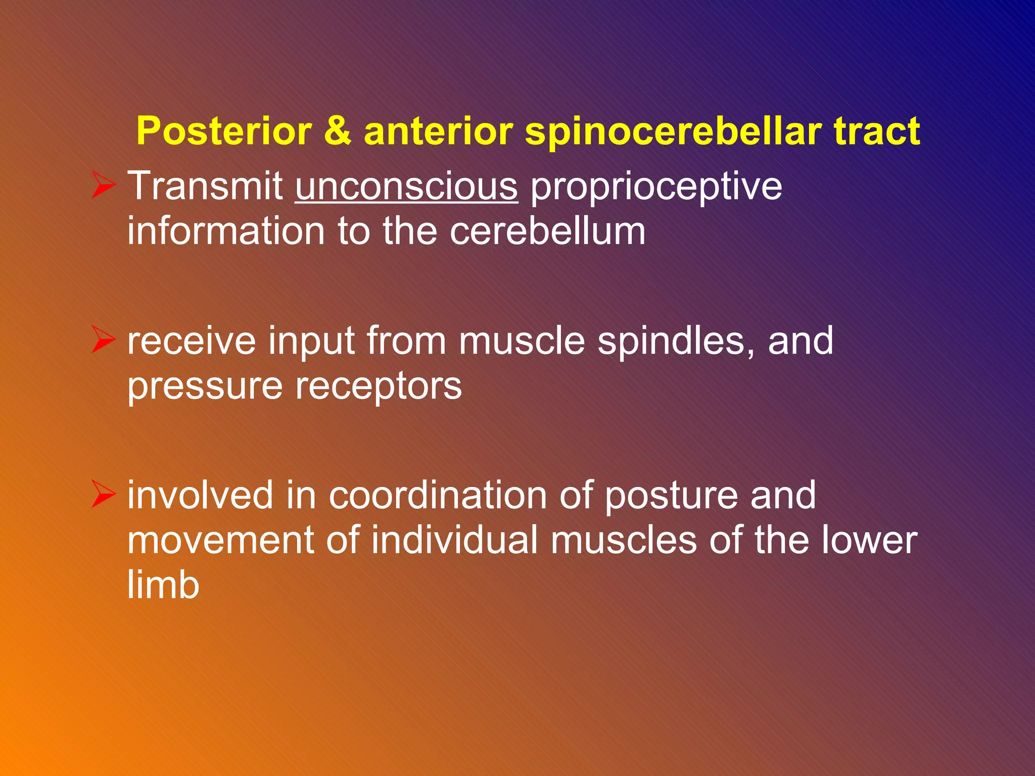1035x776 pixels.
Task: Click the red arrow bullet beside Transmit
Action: (104, 185)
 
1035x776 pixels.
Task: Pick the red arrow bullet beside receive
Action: (104, 339)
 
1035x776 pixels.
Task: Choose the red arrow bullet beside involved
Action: (104, 494)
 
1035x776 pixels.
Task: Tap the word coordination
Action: (438, 495)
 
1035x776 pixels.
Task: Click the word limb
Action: (163, 585)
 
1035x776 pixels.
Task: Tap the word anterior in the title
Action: (438, 131)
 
